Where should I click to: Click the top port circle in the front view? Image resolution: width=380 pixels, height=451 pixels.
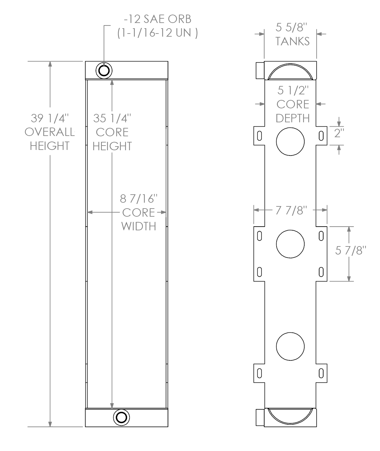104,70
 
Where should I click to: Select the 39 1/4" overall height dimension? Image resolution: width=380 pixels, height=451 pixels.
49,119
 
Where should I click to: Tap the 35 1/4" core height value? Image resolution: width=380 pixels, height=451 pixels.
112,119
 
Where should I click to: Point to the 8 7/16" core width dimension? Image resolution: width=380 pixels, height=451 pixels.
139,199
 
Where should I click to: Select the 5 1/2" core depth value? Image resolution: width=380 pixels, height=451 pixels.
293,91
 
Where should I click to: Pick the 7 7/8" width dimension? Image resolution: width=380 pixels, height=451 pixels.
291,211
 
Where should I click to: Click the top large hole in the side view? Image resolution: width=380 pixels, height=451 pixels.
290,141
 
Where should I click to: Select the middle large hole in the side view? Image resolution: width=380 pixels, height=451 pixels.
290,244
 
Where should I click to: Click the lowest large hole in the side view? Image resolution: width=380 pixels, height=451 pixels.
290,346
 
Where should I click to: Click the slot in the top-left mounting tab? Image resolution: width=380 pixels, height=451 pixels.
259,136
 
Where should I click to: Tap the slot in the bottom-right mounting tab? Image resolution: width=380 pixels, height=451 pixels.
321,372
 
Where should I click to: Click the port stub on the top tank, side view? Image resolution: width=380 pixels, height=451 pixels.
260,70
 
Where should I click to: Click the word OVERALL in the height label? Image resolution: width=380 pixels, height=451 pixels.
49,132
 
